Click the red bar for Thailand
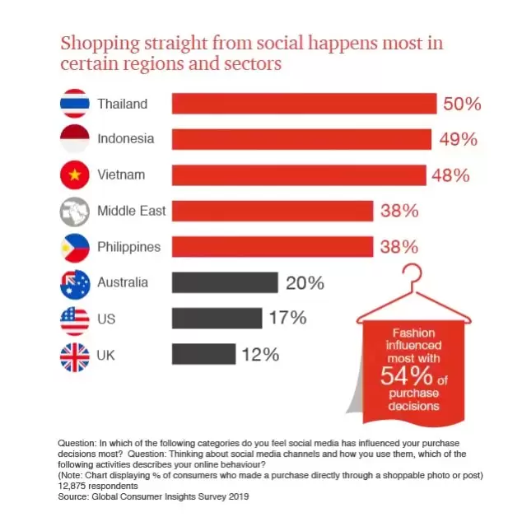tap(304, 104)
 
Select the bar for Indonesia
tap(301, 139)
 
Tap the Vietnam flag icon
tap(75, 175)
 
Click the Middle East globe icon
tap(75, 211)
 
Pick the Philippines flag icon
tap(75, 247)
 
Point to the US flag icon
tap(75, 318)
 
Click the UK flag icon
tap(75, 355)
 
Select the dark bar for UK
tap(203, 355)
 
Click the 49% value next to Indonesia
tap(459, 140)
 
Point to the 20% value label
tap(305, 283)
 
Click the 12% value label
tap(260, 356)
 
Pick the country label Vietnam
tap(121, 175)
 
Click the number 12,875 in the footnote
tap(77, 486)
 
